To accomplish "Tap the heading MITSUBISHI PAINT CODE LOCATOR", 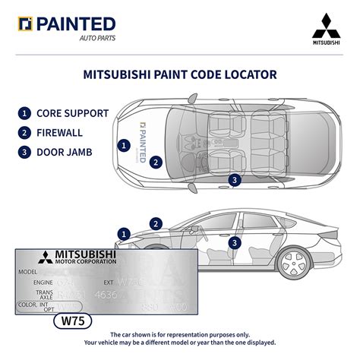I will pyautogui.click(x=179, y=75).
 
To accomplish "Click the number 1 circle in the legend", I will pyautogui.click(x=25, y=114).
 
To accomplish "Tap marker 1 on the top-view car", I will pyautogui.click(x=123, y=144).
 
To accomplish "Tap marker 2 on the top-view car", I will pyautogui.click(x=155, y=161).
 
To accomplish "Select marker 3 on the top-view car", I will pyautogui.click(x=235, y=180).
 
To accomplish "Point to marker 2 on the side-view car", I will pyautogui.click(x=156, y=223).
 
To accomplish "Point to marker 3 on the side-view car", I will pyautogui.click(x=235, y=242).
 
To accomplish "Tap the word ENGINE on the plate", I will pyautogui.click(x=43, y=281).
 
